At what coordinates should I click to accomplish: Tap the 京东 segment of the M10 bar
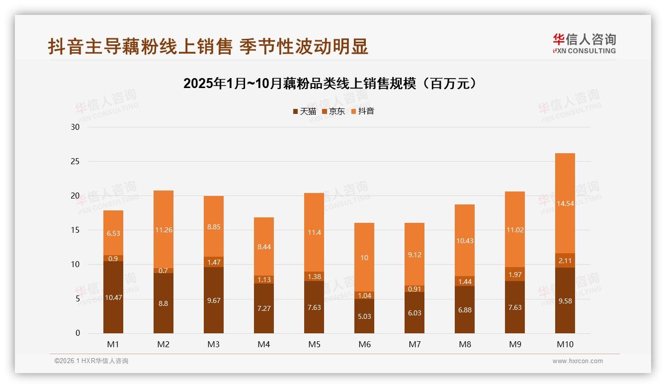pyautogui.click(x=565, y=261)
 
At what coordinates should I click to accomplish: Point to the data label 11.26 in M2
pyautogui.click(x=164, y=230)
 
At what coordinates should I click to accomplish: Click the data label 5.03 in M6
pyautogui.click(x=364, y=316)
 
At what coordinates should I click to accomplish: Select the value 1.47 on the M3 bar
pyautogui.click(x=214, y=262)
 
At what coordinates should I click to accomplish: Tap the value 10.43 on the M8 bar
pyautogui.click(x=464, y=241)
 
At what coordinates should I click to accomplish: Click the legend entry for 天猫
pyautogui.click(x=305, y=111)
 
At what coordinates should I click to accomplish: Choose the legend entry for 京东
pyautogui.click(x=333, y=111)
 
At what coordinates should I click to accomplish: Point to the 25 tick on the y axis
pyautogui.click(x=75, y=162)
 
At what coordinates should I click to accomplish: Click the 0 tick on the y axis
pyautogui.click(x=78, y=333)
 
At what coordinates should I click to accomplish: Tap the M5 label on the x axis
pyautogui.click(x=314, y=344)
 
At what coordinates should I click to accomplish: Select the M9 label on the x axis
pyautogui.click(x=515, y=344)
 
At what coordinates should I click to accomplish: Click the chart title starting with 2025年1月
pyautogui.click(x=332, y=84)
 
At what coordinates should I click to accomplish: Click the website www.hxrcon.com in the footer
pyautogui.click(x=578, y=361)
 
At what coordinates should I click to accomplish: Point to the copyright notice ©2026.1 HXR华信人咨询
pyautogui.click(x=91, y=361)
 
